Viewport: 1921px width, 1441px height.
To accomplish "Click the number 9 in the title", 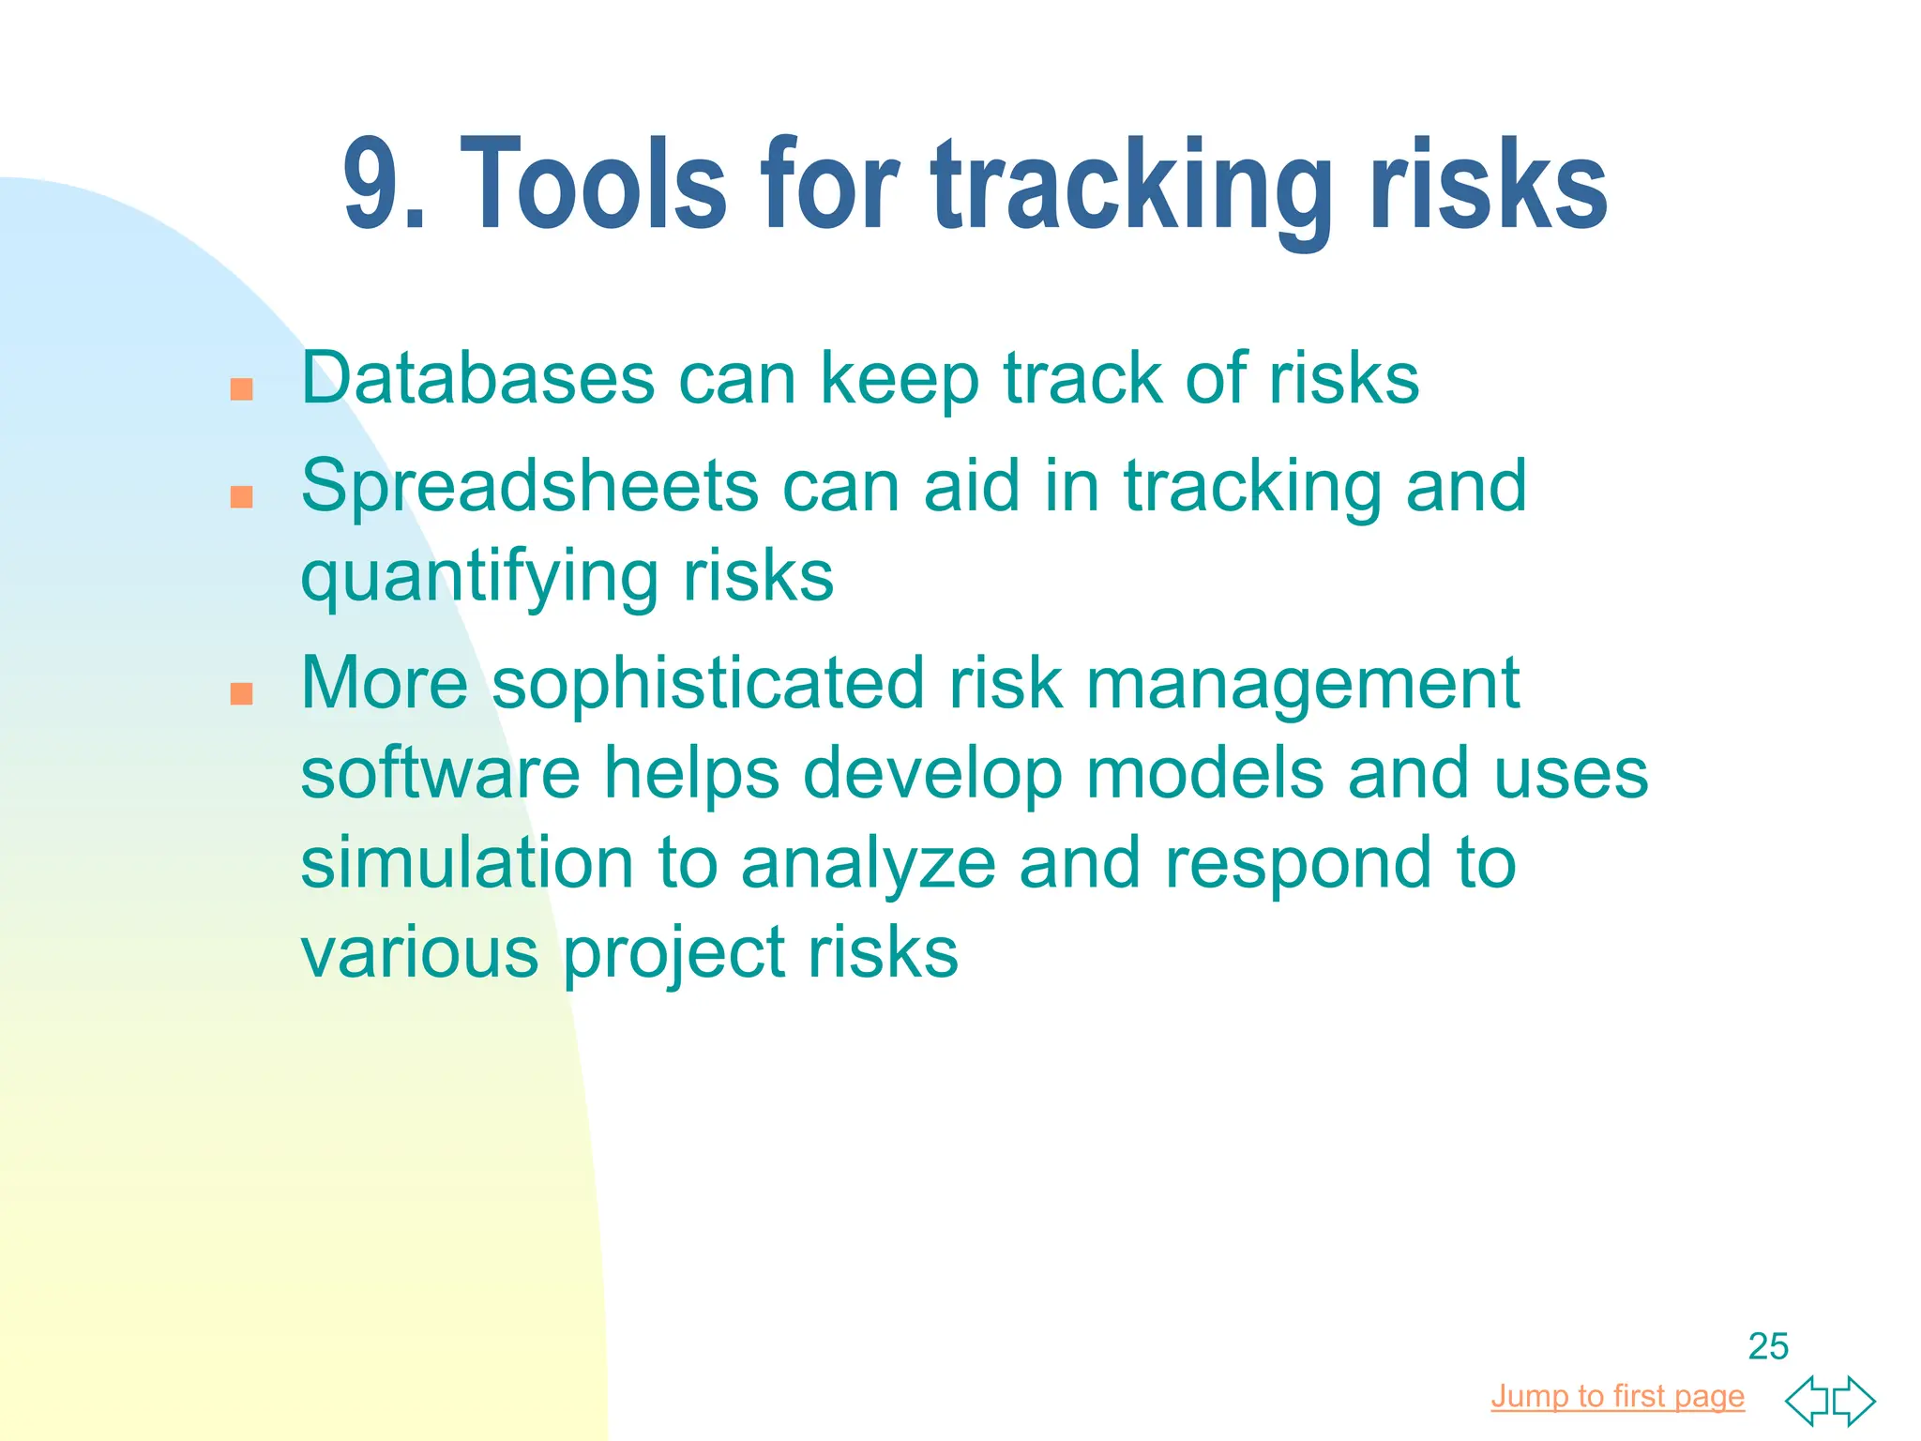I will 373,184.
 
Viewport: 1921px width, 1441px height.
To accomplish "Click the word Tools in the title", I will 593,184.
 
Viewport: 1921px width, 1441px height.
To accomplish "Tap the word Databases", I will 477,379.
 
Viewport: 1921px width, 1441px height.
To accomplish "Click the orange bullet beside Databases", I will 242,389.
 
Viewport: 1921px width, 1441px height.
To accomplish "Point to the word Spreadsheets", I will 529,487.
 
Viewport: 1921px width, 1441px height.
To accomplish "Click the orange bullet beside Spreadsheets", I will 242,496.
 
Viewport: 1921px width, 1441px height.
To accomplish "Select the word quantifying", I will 478,579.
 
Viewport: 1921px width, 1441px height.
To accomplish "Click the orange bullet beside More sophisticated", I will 242,693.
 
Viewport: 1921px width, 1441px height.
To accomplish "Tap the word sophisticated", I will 707,685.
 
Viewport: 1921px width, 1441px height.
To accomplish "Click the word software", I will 440,773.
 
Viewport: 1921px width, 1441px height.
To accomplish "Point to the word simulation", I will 466,863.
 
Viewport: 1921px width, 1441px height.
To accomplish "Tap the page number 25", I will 1768,1346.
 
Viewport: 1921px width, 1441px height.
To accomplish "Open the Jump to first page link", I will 1617,1396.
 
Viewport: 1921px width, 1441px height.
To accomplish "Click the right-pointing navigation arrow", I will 1853,1401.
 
